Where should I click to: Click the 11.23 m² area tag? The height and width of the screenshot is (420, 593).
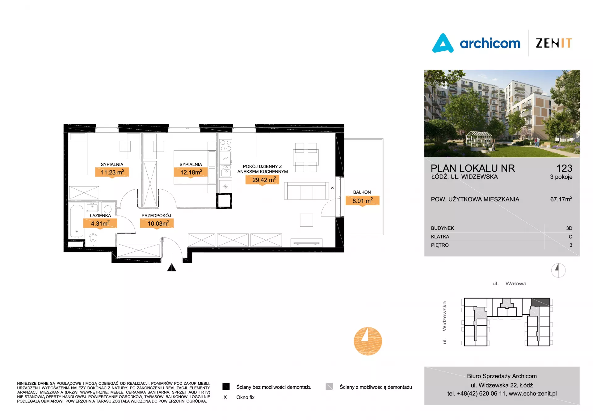pyautogui.click(x=112, y=172)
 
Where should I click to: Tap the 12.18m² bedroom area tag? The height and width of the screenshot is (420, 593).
pyautogui.click(x=191, y=172)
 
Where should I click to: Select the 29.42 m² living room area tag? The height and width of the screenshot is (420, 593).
pyautogui.click(x=263, y=180)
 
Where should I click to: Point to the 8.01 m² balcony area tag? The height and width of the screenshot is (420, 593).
pyautogui.click(x=363, y=201)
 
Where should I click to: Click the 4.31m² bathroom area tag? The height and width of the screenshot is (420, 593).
pyautogui.click(x=100, y=223)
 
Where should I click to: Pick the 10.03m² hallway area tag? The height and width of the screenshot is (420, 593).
pyautogui.click(x=157, y=223)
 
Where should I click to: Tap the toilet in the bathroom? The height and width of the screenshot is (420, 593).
pyautogui.click(x=93, y=240)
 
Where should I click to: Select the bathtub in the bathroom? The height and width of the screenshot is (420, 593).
pyautogui.click(x=77, y=221)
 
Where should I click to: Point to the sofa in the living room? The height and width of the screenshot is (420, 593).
pyautogui.click(x=306, y=191)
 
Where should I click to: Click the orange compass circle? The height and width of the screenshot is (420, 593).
pyautogui.click(x=368, y=341)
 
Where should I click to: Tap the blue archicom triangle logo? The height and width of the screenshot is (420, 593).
pyautogui.click(x=443, y=43)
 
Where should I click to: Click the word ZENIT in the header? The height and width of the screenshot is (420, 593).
pyautogui.click(x=554, y=43)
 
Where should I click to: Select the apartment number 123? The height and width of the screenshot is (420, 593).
pyautogui.click(x=564, y=168)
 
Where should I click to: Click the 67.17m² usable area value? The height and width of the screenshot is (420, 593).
pyautogui.click(x=561, y=199)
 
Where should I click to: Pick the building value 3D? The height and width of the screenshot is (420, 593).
pyautogui.click(x=569, y=228)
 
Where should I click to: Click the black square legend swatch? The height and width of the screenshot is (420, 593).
pyautogui.click(x=226, y=386)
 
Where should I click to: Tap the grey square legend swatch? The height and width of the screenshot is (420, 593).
pyautogui.click(x=329, y=386)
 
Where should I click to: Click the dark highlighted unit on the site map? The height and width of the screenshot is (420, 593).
pyautogui.click(x=540, y=302)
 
